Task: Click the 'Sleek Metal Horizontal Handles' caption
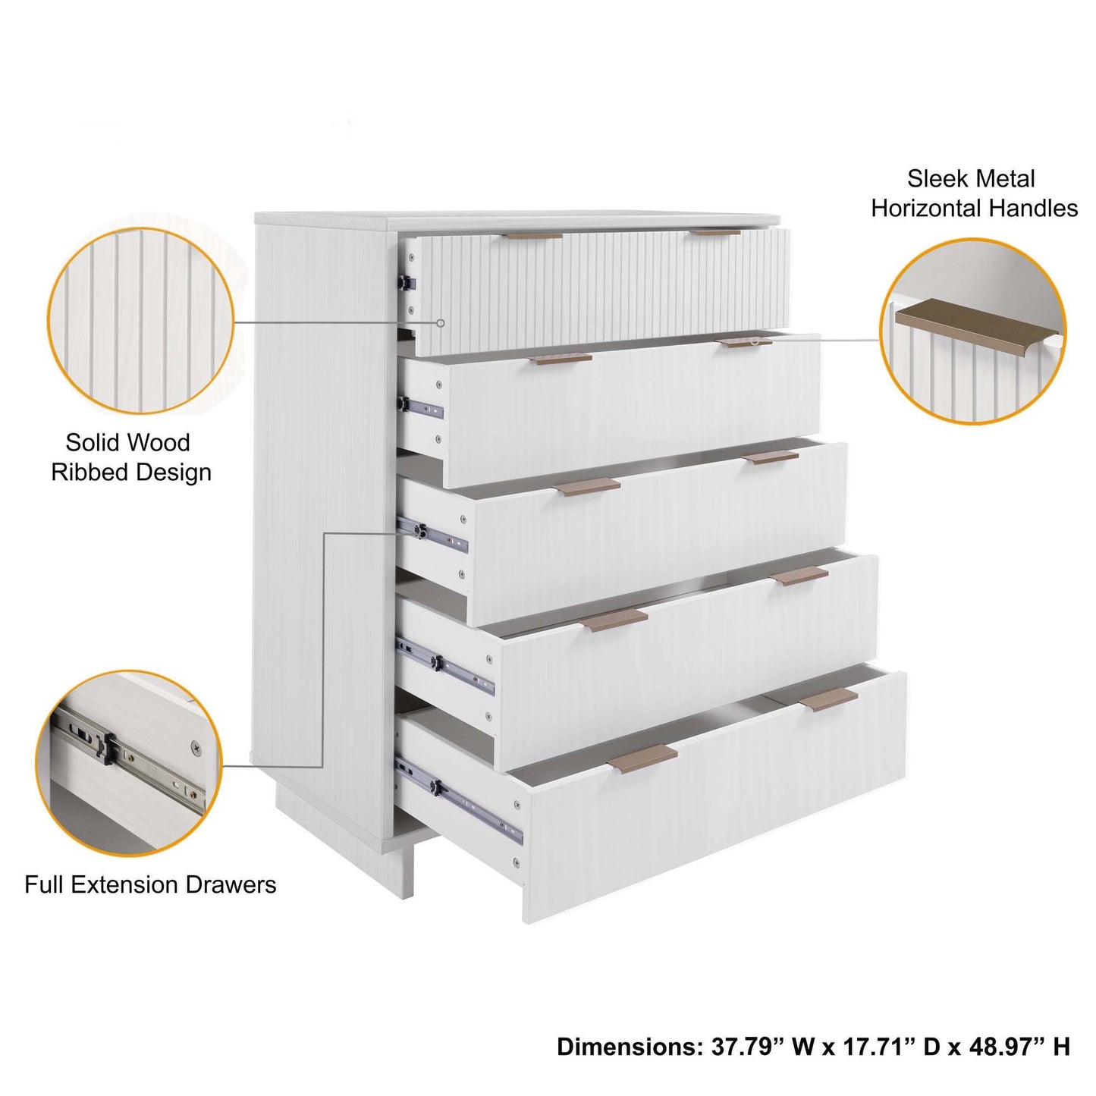[x=974, y=193]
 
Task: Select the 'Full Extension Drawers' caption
[x=150, y=885]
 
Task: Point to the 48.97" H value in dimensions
[x=1022, y=1047]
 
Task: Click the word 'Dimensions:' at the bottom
[x=630, y=1047]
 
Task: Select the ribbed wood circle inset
[x=141, y=321]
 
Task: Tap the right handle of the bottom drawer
[x=828, y=699]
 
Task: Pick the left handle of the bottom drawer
[x=643, y=758]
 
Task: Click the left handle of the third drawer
[x=587, y=487]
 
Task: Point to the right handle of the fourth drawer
[x=799, y=576]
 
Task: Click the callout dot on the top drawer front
[x=441, y=323]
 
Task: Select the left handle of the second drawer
[x=561, y=358]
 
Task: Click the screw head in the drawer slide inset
[x=196, y=747]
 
